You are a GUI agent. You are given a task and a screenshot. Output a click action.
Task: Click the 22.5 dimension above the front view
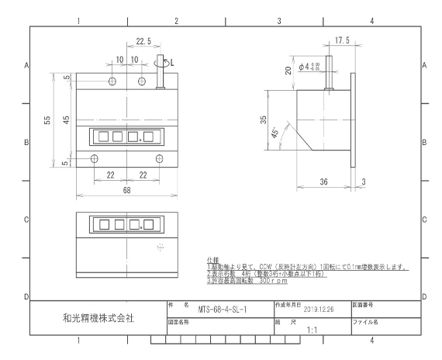pyautogui.click(x=143, y=41)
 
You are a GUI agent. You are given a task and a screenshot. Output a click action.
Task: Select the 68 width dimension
pyautogui.click(x=126, y=190)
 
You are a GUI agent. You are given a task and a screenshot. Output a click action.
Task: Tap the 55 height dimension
pyautogui.click(x=47, y=120)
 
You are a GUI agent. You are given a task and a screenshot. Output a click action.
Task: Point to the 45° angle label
pyautogui.click(x=275, y=133)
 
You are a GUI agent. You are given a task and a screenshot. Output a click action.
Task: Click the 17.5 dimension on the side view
pyautogui.click(x=342, y=40)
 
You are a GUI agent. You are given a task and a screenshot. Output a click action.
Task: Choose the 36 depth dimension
pyautogui.click(x=323, y=182)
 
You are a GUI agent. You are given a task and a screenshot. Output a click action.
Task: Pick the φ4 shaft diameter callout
pyautogui.click(x=309, y=67)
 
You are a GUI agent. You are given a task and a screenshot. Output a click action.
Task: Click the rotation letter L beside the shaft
pyautogui.click(x=172, y=63)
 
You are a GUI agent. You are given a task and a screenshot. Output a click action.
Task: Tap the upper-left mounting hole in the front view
pyautogui.click(x=112, y=81)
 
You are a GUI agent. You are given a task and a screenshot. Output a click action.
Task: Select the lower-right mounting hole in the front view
pyautogui.click(x=159, y=158)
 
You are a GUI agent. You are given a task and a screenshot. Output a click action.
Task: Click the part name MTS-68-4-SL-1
pyautogui.click(x=223, y=310)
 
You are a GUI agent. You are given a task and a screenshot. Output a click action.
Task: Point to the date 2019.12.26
pyautogui.click(x=319, y=310)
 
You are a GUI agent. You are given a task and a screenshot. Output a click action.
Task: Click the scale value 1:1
pyautogui.click(x=312, y=330)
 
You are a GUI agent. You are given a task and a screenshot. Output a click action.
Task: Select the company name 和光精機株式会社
pyautogui.click(x=98, y=318)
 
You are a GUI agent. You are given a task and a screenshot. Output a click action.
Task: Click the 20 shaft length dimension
pyautogui.click(x=288, y=71)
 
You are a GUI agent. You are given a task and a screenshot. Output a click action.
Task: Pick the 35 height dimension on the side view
pyautogui.click(x=263, y=120)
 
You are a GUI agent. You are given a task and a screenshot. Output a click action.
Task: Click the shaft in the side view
pyautogui.click(x=329, y=73)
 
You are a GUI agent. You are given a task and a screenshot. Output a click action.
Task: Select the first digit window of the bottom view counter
pyautogui.click(x=105, y=225)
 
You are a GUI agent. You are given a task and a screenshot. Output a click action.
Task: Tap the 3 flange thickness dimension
pyautogui.click(x=364, y=182)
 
